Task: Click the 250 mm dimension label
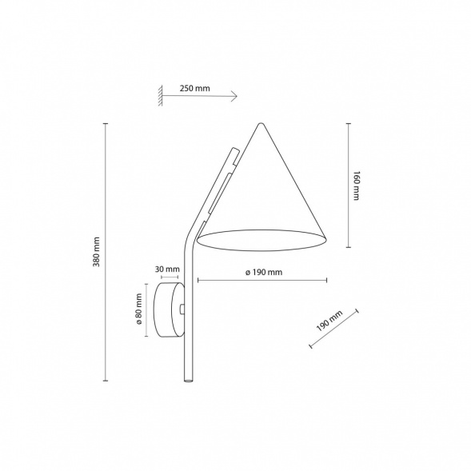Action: point(195,88)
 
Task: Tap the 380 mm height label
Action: point(95,252)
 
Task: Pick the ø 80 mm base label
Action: point(139,310)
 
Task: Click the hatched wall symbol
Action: point(160,94)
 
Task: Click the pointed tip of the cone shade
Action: point(261,123)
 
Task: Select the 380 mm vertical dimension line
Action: point(106,252)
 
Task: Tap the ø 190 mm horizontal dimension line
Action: point(262,281)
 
